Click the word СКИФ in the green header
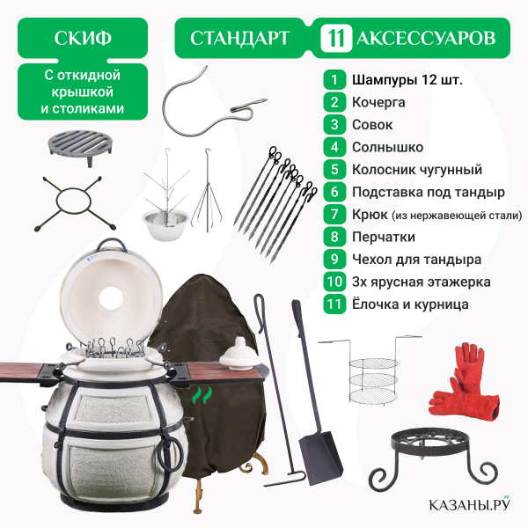[83, 38]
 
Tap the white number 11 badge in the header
[336, 38]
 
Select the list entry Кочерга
[378, 102]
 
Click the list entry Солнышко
[387, 147]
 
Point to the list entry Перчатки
[384, 237]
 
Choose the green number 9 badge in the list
[334, 260]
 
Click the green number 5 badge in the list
[334, 169]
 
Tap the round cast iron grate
[80, 147]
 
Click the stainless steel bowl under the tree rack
[165, 223]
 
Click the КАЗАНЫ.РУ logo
[469, 504]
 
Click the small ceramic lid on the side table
[239, 355]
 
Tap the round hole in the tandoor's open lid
[111, 298]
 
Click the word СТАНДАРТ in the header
[239, 38]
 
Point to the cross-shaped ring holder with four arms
[74, 203]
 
